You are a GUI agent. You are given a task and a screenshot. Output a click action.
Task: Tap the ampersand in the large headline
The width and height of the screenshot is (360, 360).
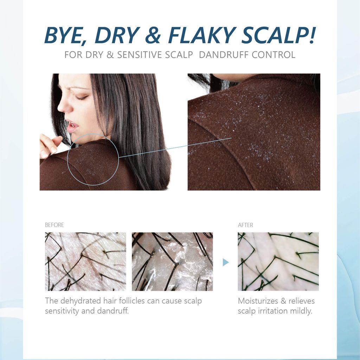(153, 36)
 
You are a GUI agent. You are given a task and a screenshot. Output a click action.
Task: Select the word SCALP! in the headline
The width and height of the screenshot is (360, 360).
(278, 35)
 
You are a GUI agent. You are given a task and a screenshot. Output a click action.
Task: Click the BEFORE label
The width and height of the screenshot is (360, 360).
(54, 225)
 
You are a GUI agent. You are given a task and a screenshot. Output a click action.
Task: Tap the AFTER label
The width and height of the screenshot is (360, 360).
(245, 225)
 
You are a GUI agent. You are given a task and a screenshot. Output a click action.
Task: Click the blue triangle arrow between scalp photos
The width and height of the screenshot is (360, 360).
(226, 262)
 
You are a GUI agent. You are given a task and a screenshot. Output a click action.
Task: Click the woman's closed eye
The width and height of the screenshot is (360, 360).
(82, 98)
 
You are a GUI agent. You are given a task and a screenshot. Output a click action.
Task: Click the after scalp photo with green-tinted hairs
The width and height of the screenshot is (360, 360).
(278, 262)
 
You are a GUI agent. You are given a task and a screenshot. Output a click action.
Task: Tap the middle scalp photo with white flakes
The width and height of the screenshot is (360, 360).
(172, 262)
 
